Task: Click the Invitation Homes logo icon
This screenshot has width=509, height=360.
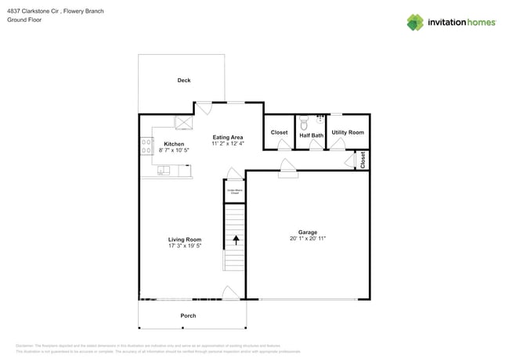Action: click(415, 22)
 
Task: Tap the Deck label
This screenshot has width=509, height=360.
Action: click(184, 81)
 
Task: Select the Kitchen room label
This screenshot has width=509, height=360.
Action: click(174, 144)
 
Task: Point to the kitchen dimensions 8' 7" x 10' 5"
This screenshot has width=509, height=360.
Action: click(174, 149)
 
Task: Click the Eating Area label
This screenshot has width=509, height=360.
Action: click(228, 138)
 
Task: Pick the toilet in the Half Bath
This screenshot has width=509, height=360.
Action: click(304, 123)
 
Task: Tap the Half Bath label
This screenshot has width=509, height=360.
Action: click(312, 135)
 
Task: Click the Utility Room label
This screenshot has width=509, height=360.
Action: click(348, 133)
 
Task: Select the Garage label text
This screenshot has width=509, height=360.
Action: click(308, 232)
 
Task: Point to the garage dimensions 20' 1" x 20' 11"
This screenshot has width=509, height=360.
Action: click(308, 239)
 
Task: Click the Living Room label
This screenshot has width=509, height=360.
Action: click(185, 239)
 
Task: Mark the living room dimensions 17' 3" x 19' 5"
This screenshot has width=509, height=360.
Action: click(185, 246)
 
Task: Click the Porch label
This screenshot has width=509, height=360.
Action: click(188, 315)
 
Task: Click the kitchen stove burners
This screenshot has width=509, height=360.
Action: click(146, 146)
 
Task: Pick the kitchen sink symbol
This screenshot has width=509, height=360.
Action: click(164, 170)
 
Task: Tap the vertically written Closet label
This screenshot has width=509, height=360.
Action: click(363, 160)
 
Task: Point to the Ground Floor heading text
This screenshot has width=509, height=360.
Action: click(24, 20)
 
